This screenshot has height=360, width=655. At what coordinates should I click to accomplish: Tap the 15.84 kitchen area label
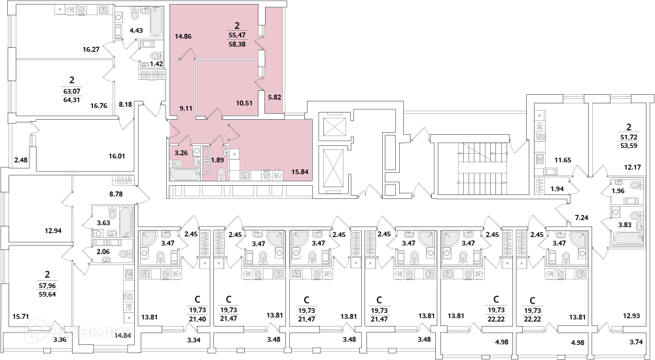click(300, 171)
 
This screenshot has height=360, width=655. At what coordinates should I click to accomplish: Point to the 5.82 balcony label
click(274, 97)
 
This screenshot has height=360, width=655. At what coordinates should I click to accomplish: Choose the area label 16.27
click(91, 49)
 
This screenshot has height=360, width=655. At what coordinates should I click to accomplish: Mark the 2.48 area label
click(20, 160)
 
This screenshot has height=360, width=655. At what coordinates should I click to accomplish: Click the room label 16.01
click(116, 156)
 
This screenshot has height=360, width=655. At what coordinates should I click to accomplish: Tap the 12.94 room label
click(54, 230)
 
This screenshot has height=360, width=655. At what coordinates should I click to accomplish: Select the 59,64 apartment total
click(47, 294)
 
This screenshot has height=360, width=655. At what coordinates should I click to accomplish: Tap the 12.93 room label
click(631, 315)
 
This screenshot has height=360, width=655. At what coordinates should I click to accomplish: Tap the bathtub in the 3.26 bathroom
click(186, 175)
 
